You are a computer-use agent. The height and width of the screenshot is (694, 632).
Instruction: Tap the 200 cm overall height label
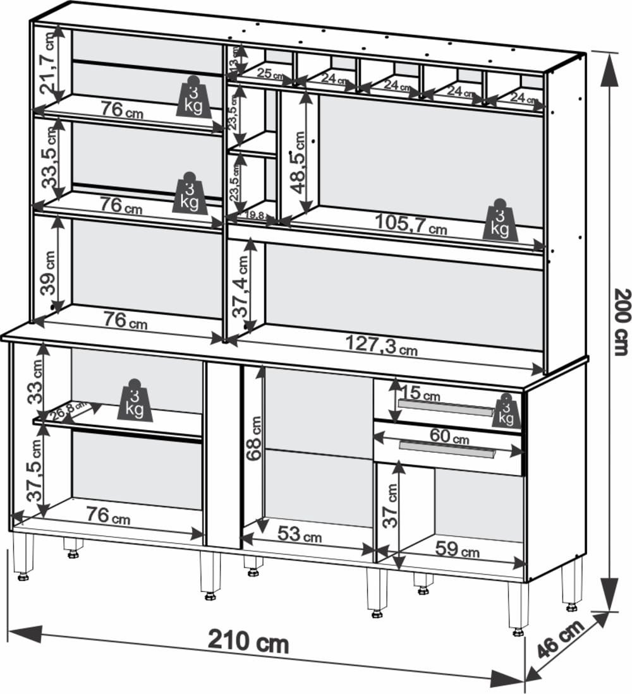(x=622, y=322)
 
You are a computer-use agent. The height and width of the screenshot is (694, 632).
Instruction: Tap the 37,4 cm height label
(x=241, y=287)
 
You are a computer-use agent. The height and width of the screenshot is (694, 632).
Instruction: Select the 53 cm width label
(x=300, y=535)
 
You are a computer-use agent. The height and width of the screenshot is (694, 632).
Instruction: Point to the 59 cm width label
(x=457, y=549)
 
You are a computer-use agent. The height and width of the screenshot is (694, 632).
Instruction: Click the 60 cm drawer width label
(x=449, y=436)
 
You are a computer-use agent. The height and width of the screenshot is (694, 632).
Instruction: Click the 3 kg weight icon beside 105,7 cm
(x=500, y=221)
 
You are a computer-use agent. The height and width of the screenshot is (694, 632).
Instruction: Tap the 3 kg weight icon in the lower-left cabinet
(x=135, y=401)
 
